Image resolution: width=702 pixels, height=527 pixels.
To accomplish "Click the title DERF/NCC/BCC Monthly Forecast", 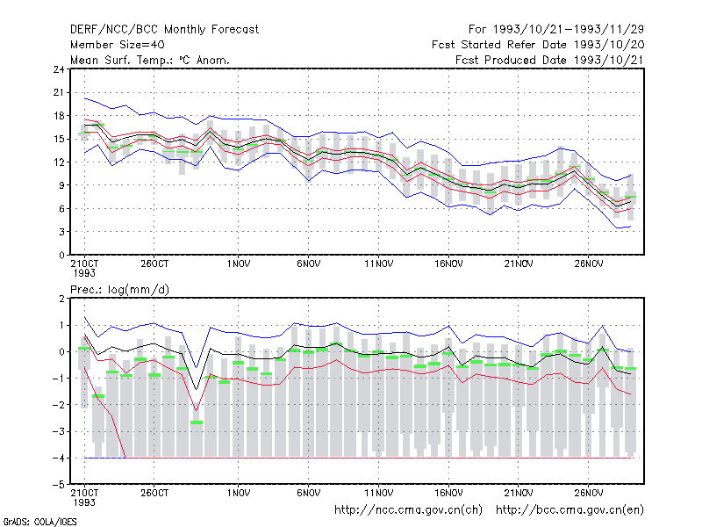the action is [x=164, y=30].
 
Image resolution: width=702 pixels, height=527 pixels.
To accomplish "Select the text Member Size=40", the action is [x=118, y=45].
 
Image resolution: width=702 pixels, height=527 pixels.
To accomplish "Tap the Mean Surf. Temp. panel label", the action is [x=149, y=60].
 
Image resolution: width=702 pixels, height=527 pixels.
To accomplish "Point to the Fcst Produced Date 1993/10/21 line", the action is [x=550, y=60].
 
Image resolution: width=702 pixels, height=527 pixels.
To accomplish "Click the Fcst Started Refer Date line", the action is [x=538, y=45].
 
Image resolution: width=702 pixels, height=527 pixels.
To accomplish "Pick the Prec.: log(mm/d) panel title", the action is [x=119, y=290].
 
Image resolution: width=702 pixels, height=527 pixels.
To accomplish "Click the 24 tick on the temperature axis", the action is [x=59, y=69].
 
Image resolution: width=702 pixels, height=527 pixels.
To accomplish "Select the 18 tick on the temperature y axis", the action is [x=59, y=116].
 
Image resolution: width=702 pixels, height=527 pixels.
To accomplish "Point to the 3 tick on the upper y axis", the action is [x=61, y=232].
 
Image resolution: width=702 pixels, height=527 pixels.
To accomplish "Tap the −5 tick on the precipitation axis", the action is [x=58, y=485].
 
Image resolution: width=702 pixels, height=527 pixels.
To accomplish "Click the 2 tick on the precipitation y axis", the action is [x=61, y=299].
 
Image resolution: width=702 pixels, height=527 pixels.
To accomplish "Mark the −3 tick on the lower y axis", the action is [x=58, y=431].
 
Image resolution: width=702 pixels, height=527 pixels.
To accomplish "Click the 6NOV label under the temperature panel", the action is [x=309, y=264].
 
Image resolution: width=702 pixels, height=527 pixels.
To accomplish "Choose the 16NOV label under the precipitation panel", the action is [x=448, y=493].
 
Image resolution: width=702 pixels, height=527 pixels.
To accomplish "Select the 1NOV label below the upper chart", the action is [x=239, y=264].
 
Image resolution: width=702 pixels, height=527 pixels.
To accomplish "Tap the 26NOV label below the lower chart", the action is [x=588, y=493].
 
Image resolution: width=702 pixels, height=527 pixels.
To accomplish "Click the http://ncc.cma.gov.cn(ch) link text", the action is [x=408, y=510].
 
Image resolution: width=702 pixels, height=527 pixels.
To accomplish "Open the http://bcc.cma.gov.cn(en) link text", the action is [x=569, y=510].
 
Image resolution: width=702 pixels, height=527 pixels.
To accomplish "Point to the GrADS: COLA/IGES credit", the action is [x=39, y=522].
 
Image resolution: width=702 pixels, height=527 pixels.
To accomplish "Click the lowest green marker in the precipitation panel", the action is [x=196, y=422].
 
